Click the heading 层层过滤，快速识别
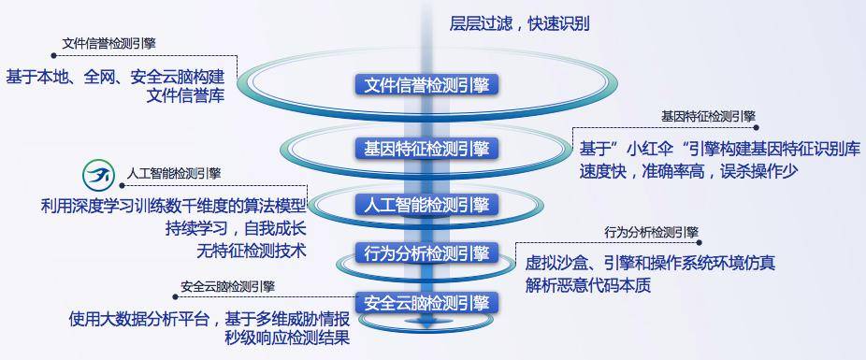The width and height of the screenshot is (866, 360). tap(520, 23)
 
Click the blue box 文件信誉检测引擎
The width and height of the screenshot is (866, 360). tap(426, 85)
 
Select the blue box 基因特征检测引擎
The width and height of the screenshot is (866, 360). tap(426, 148)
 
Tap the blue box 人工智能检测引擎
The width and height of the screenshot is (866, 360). tap(426, 205)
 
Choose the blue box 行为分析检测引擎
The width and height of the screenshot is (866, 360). tap(426, 253)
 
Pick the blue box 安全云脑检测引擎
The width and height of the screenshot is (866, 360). tap(426, 303)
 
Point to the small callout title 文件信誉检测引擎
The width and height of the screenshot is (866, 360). tap(108, 44)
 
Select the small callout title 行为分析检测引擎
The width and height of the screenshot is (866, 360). tap(651, 232)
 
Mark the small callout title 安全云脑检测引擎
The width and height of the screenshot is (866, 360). tap(227, 286)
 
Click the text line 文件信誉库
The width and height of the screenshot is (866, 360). tap(185, 97)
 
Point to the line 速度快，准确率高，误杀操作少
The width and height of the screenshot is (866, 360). tap(688, 171)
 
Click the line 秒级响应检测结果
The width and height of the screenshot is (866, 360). tap(287, 338)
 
